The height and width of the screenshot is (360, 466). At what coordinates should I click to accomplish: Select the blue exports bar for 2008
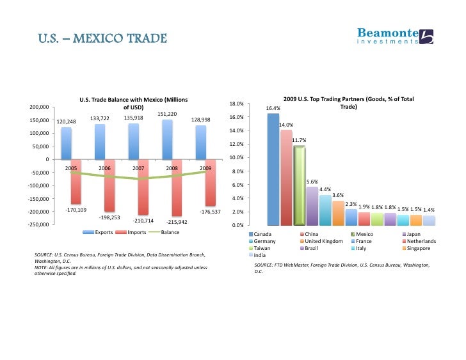(167, 139)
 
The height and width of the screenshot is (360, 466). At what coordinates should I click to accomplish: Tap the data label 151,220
(167, 114)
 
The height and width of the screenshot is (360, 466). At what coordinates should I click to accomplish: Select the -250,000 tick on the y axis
(40, 225)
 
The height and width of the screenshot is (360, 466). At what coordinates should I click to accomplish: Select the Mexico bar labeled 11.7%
(299, 185)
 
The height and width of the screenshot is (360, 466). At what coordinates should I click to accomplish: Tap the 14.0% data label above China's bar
(286, 125)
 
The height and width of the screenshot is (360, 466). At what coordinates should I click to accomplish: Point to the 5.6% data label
(312, 182)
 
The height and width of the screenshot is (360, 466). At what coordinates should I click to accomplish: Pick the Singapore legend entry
(421, 248)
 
